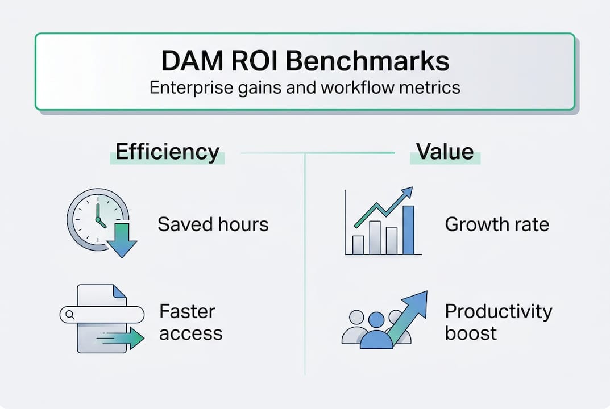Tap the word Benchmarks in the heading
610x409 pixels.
(x=367, y=61)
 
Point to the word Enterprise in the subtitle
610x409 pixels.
(x=187, y=89)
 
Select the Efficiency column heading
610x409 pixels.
(x=167, y=152)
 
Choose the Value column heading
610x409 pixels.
(x=445, y=152)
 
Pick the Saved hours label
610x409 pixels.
(x=213, y=224)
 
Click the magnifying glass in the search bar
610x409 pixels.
(x=70, y=314)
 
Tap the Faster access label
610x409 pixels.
(x=190, y=322)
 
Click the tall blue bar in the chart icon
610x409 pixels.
(x=408, y=229)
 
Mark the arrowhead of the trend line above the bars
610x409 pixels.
(x=407, y=193)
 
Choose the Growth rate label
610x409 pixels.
(x=496, y=224)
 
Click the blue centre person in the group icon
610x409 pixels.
(x=375, y=332)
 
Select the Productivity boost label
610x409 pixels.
(x=498, y=322)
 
